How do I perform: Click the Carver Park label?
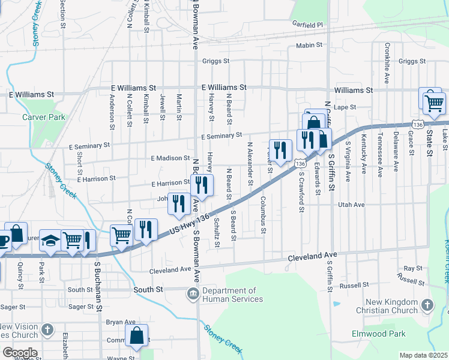(43, 118)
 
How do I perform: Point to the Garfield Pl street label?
(307, 25)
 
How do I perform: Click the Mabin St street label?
(310, 46)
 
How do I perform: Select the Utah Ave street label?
(352, 205)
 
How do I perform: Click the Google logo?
(19, 352)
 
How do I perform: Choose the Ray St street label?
(413, 268)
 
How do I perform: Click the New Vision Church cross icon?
(48, 329)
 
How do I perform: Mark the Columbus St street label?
(262, 214)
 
